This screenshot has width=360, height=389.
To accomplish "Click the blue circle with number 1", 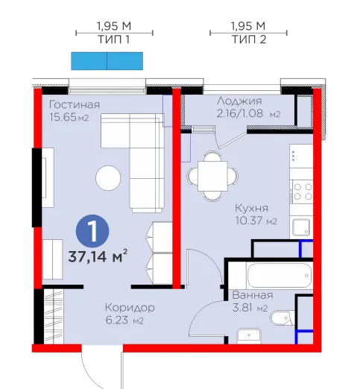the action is (x=92, y=231).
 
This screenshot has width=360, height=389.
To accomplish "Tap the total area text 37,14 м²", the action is (x=98, y=256).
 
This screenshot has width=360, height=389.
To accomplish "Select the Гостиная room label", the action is (x=75, y=104).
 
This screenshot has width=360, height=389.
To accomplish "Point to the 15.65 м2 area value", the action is (x=69, y=117).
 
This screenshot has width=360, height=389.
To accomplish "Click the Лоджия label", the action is (x=239, y=101).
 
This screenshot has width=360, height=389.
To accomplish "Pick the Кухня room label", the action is (x=251, y=208).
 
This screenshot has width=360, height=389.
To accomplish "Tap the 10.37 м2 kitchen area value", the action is (x=256, y=221).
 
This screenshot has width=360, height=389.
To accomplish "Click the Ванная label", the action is (x=253, y=295).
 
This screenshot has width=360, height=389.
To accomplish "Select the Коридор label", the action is (x=130, y=308).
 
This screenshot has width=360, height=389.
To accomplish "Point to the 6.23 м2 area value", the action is (x=124, y=320).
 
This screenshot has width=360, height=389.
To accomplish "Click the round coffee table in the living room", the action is (x=108, y=178).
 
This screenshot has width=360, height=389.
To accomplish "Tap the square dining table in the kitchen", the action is (x=212, y=176).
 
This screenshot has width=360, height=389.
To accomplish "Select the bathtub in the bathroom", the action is (x=280, y=276).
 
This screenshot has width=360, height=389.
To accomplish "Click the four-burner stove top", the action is (x=303, y=192).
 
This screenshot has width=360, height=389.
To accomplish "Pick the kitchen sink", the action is (x=301, y=227).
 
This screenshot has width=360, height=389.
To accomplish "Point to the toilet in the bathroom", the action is (x=282, y=317).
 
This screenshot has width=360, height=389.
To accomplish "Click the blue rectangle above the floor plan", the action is (x=107, y=61).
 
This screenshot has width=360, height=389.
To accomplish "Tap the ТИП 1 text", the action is (x=114, y=39).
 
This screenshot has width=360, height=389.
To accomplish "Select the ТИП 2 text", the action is (x=249, y=39).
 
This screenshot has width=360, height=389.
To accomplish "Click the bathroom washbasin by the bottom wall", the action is (x=249, y=336).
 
